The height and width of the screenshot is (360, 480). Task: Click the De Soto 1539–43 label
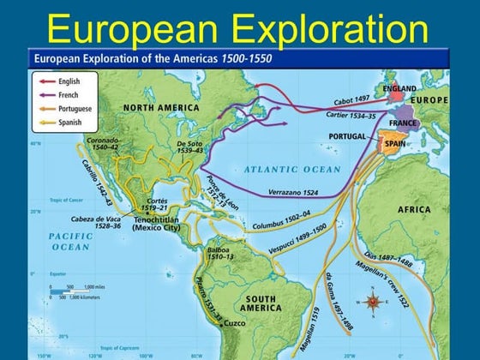(189, 146)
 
